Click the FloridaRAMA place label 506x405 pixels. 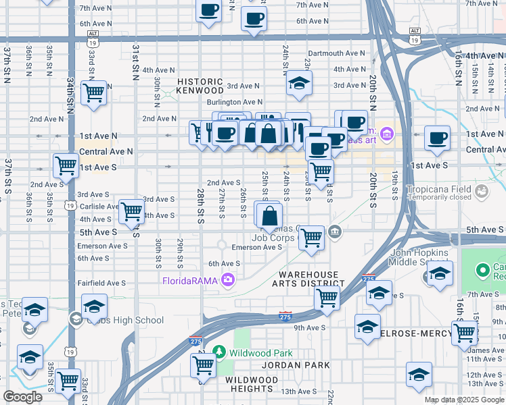click(191, 279)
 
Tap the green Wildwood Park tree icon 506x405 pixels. click(218, 352)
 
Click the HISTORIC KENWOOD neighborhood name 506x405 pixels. click(200, 85)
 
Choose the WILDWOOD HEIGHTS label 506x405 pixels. click(250, 384)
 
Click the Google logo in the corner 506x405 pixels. click(22, 397)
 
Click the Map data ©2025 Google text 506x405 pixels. click(463, 400)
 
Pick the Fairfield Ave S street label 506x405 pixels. click(101, 283)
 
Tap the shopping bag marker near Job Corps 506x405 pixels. click(269, 217)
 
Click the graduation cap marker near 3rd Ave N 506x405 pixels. click(298, 84)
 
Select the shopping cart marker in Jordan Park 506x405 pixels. click(203, 365)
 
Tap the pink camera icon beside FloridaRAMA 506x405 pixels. click(228, 279)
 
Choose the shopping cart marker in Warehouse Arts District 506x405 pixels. click(327, 296)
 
